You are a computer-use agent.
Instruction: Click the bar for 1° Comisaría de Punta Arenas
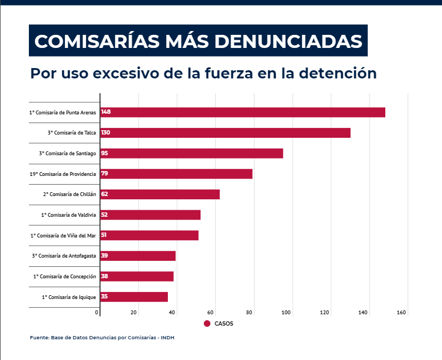(x=243, y=112)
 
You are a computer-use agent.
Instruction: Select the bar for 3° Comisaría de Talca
(x=225, y=133)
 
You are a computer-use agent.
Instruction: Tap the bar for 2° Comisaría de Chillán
(x=160, y=194)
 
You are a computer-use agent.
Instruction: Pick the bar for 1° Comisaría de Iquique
(x=134, y=297)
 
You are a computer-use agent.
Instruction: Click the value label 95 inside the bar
(x=105, y=154)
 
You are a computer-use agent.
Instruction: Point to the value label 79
(x=105, y=174)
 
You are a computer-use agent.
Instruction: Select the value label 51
(x=105, y=235)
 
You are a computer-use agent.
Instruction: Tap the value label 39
(x=105, y=256)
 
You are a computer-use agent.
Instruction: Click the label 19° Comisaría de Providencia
(x=63, y=174)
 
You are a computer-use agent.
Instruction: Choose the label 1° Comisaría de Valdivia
(x=69, y=215)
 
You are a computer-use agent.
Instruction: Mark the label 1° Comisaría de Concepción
(x=64, y=277)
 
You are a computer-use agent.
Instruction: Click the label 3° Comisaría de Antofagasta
(x=64, y=256)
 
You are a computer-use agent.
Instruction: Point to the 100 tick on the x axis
(x=287, y=313)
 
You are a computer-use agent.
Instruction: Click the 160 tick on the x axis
(x=402, y=313)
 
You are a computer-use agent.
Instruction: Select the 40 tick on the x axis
(x=172, y=313)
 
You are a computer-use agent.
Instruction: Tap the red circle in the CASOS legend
(x=207, y=324)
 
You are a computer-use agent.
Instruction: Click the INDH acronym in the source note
(x=168, y=338)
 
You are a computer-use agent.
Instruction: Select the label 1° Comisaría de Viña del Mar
(x=63, y=236)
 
